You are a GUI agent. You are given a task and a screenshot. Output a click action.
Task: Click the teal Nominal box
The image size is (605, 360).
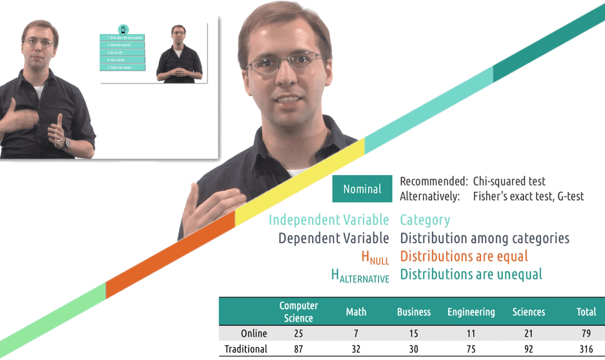[362, 189]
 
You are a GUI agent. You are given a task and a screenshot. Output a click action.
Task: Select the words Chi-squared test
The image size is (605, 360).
[509, 181]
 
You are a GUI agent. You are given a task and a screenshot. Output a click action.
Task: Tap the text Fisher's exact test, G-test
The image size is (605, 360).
[528, 196]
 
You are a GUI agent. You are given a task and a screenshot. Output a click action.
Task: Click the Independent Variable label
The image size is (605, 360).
[329, 220]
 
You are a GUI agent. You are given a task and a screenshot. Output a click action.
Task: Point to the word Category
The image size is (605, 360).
[425, 220]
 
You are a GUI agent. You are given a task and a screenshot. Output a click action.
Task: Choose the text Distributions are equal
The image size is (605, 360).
[464, 256]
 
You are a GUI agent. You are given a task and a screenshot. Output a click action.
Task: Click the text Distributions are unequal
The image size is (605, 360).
[471, 274]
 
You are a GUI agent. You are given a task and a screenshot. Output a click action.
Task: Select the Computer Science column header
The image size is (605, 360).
[298, 311]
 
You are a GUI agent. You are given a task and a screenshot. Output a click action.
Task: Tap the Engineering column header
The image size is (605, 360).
[471, 312]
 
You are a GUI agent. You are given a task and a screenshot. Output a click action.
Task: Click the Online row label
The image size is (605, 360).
[254, 333]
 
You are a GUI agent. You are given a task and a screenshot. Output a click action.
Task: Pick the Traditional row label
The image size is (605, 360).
[246, 349]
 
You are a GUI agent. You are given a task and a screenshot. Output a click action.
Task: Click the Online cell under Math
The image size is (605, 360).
[356, 333]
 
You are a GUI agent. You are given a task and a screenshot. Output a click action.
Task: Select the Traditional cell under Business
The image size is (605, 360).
[413, 349]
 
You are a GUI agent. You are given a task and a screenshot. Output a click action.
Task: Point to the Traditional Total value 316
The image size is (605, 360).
[586, 349]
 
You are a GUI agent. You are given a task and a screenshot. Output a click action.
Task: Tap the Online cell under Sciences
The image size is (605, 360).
[529, 333]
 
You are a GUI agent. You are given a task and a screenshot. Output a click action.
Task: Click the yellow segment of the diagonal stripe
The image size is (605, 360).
[299, 181]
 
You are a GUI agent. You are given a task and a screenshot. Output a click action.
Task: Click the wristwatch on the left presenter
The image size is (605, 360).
[67, 142]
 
